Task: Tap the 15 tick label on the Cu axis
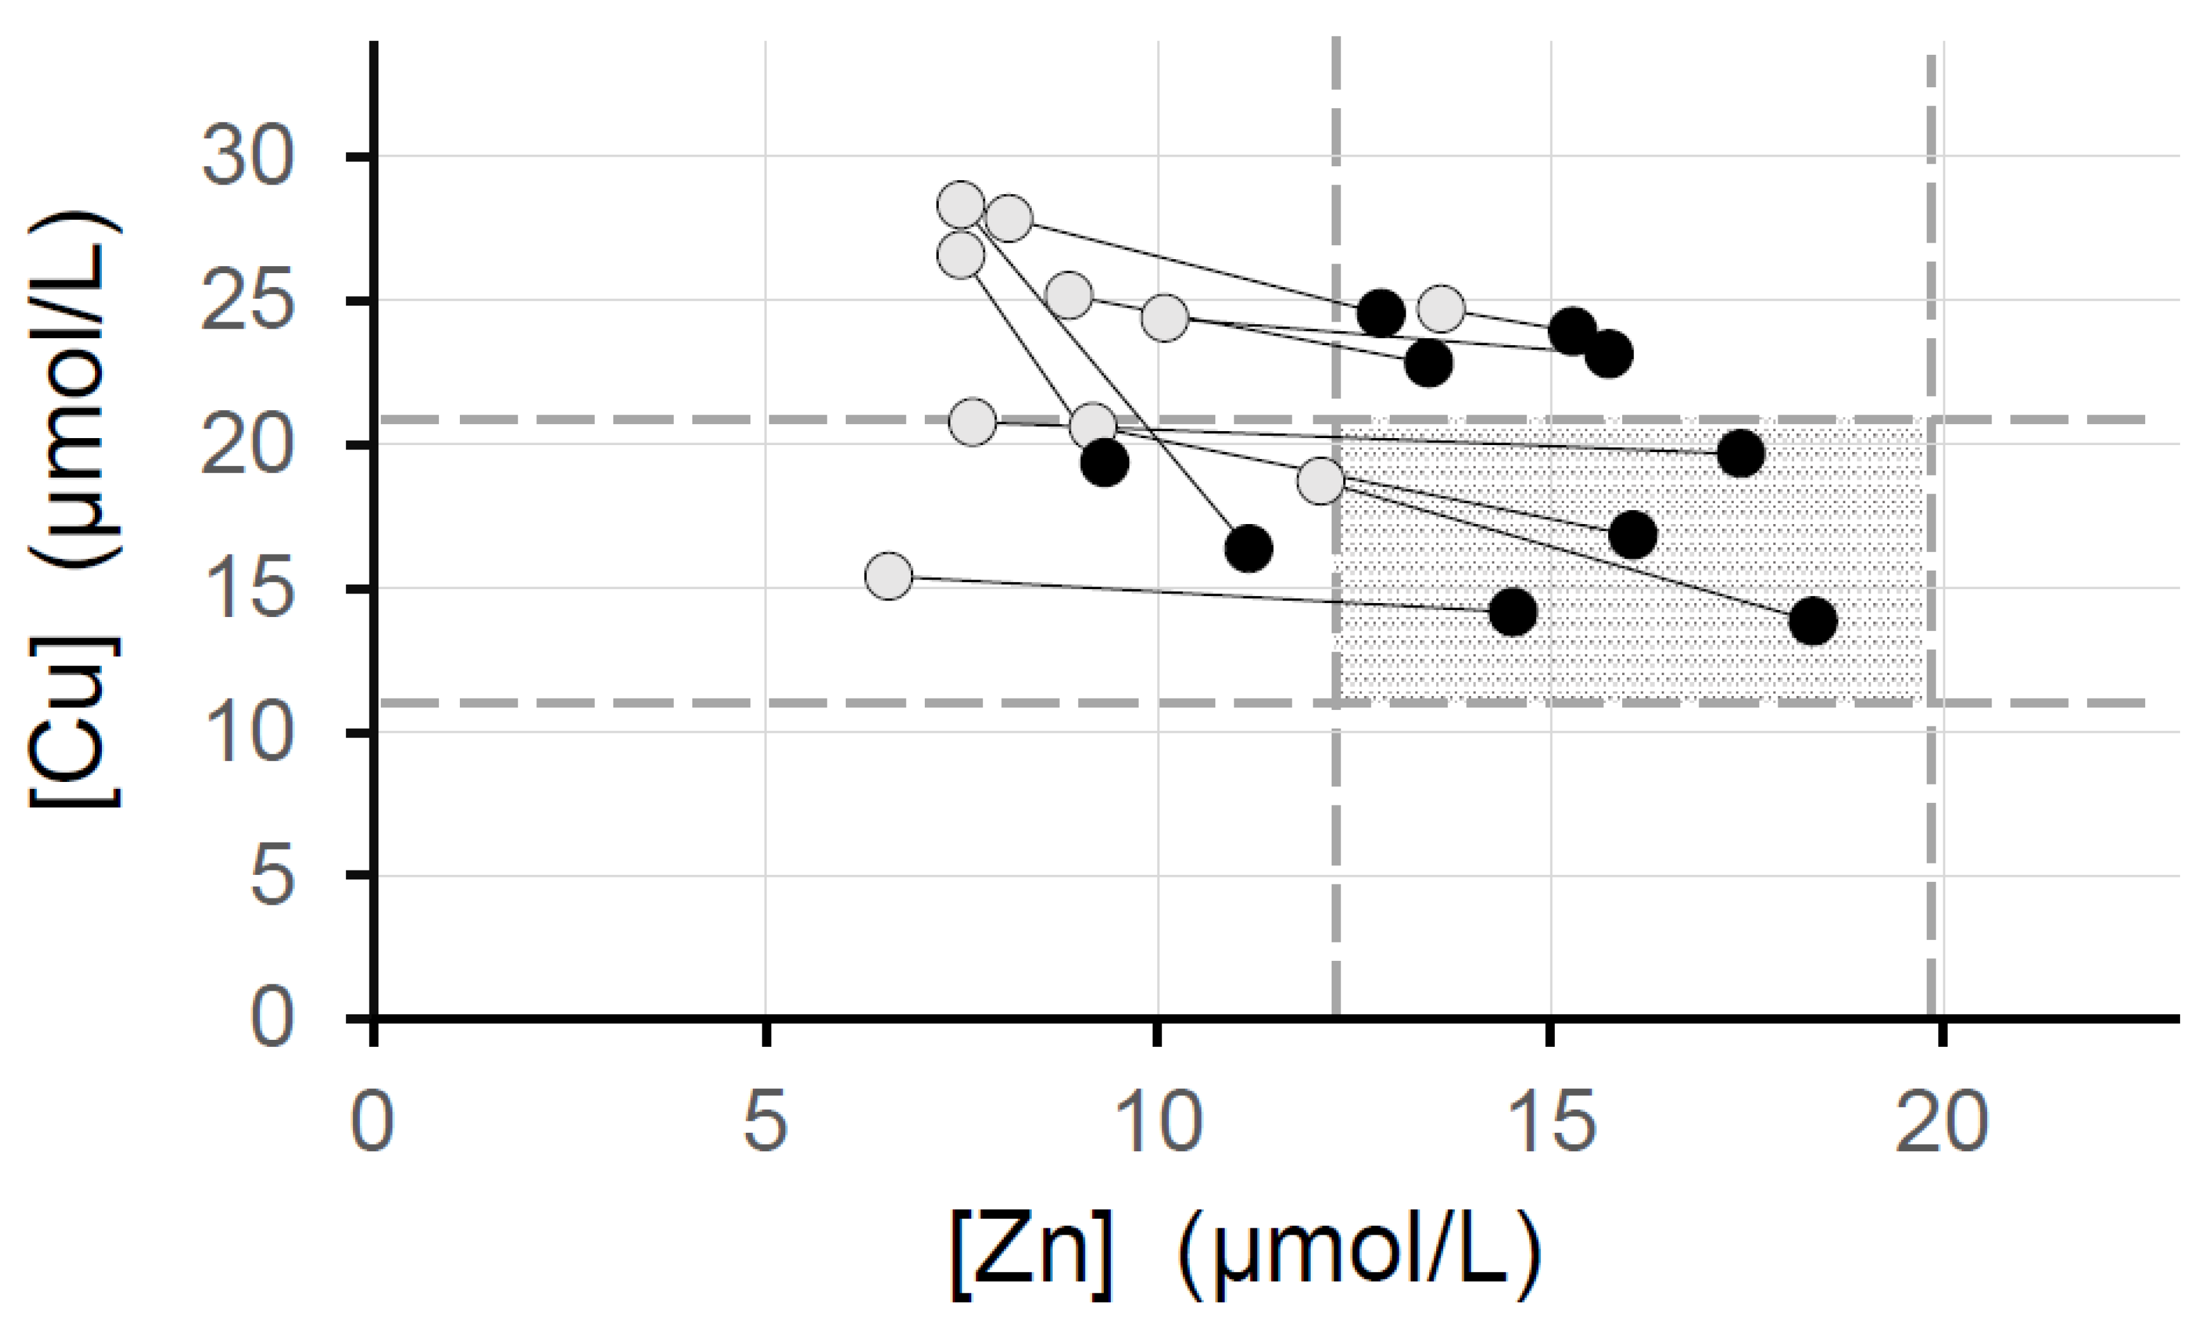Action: pyautogui.click(x=246, y=590)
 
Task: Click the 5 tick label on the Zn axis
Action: pyautogui.click(x=765, y=1123)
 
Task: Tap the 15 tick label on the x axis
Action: pyautogui.click(x=1550, y=1123)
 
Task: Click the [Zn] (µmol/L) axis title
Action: pyautogui.click(x=1245, y=1254)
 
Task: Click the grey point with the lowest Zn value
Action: pyautogui.click(x=888, y=576)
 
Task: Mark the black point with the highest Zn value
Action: pyautogui.click(x=1813, y=620)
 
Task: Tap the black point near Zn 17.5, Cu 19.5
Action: pyautogui.click(x=1741, y=453)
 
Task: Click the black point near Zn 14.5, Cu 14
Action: pyautogui.click(x=1512, y=611)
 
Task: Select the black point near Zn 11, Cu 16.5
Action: pyautogui.click(x=1248, y=548)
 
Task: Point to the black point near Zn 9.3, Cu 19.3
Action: pyautogui.click(x=1104, y=462)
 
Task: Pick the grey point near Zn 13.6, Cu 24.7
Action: pyautogui.click(x=1441, y=309)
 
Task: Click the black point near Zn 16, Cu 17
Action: pyautogui.click(x=1633, y=535)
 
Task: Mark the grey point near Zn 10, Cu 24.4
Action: pyautogui.click(x=1164, y=318)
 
